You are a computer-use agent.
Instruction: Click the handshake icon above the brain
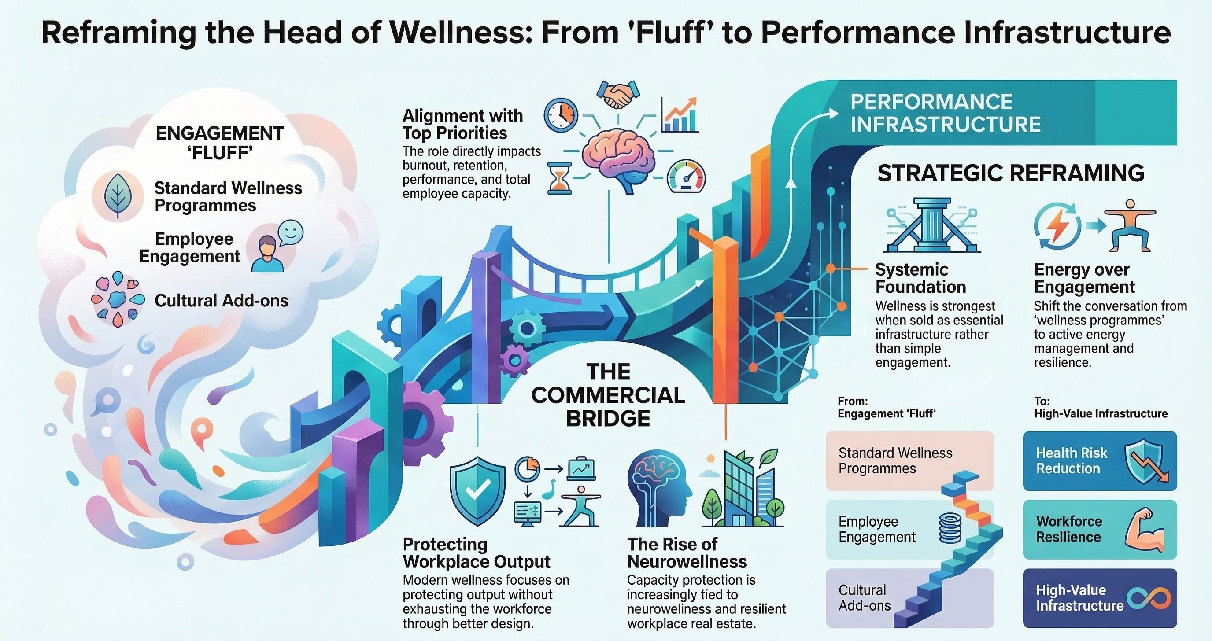pyautogui.click(x=618, y=95)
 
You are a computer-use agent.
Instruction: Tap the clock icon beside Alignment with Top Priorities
pyautogui.click(x=561, y=115)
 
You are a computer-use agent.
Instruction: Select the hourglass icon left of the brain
pyautogui.click(x=560, y=178)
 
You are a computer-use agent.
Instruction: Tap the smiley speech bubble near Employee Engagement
pyautogui.click(x=290, y=232)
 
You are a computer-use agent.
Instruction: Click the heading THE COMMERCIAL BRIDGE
pyautogui.click(x=608, y=395)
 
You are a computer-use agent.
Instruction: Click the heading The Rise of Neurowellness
pyautogui.click(x=687, y=553)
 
